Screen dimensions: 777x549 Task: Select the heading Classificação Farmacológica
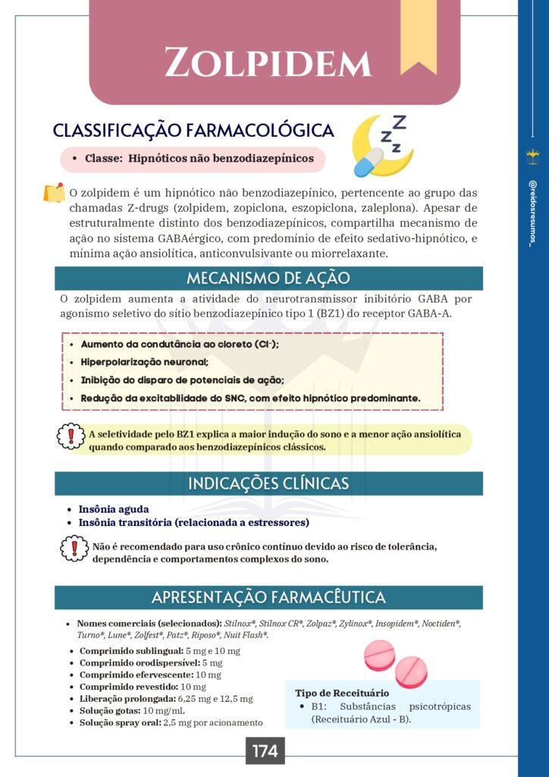(193, 131)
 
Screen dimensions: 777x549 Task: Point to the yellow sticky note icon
(54, 193)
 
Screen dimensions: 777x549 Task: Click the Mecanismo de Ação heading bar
(268, 278)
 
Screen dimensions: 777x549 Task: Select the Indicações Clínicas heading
(268, 483)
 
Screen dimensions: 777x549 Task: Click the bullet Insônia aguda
(114, 509)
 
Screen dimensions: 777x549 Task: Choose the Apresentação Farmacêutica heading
(268, 597)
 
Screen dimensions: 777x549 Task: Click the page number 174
(265, 752)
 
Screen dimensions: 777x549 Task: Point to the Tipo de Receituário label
(342, 693)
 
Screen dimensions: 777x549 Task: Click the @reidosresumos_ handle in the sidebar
(532, 212)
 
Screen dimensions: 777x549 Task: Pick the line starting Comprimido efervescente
(150, 675)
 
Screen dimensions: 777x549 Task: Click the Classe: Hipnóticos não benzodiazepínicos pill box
(193, 159)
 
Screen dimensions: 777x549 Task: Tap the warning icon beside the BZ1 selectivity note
(71, 436)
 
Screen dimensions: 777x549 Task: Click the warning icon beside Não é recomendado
(74, 548)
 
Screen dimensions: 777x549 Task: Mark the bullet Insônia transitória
(193, 523)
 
